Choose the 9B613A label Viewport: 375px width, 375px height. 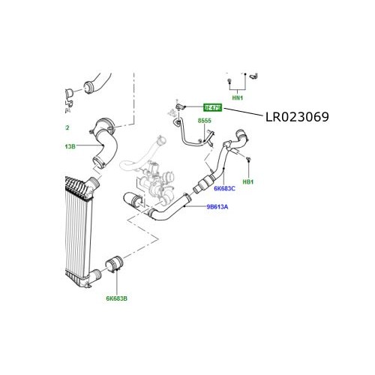pos(217,206)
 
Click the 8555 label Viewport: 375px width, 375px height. pos(205,121)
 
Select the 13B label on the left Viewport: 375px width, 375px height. pos(70,146)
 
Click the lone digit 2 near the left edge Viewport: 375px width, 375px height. pos(67,127)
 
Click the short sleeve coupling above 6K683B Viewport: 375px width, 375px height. pos(116,265)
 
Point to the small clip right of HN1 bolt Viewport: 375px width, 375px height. pos(253,76)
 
